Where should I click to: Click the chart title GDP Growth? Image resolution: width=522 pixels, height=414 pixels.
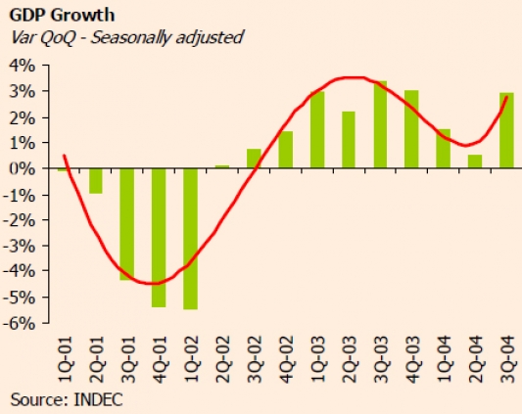point(62,15)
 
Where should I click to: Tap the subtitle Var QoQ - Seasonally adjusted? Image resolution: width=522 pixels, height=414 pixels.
point(127,37)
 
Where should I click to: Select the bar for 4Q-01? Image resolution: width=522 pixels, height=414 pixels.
point(159,238)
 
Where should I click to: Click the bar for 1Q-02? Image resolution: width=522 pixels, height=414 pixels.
point(190,239)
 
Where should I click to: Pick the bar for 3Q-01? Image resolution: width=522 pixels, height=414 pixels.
point(127,224)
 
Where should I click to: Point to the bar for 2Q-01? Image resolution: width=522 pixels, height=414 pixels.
point(96,181)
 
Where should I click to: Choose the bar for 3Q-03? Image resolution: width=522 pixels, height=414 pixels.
point(380,124)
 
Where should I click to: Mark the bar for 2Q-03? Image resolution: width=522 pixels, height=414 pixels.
point(349,140)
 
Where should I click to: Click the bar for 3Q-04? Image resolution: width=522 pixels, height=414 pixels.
point(506,130)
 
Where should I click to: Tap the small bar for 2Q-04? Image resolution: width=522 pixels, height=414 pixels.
point(475,161)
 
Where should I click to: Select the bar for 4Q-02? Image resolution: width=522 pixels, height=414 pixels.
point(286,150)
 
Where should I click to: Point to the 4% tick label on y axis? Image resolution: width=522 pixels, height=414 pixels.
point(23,66)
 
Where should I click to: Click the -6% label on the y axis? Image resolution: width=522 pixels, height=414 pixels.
point(19,323)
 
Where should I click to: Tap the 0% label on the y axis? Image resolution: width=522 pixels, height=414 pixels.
point(23,168)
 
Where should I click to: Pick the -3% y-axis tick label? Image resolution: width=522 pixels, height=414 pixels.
point(19,247)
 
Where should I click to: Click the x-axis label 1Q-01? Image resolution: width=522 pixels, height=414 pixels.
point(65,359)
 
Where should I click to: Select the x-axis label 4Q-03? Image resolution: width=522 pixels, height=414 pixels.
point(412,359)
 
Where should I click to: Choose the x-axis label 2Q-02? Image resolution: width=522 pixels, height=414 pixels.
point(222,359)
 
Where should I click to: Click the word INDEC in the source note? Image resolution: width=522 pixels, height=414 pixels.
point(98,399)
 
